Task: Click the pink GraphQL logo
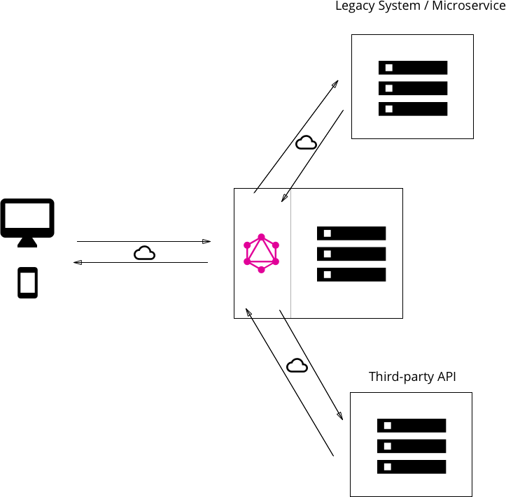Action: tap(261, 253)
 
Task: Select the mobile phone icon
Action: tap(27, 283)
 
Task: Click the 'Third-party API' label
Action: tap(412, 377)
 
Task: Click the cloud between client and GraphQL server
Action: tap(144, 253)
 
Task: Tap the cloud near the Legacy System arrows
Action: tap(306, 143)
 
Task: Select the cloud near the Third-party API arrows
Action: tap(297, 366)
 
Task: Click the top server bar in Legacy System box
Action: tap(413, 68)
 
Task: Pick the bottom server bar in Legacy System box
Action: tap(413, 109)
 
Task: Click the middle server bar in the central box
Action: tap(351, 254)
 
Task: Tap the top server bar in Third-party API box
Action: tap(412, 425)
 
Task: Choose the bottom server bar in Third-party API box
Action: tap(412, 466)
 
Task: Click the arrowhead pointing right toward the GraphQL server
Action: tap(206, 241)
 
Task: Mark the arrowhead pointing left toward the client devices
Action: tap(78, 262)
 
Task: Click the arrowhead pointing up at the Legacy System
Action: tap(335, 83)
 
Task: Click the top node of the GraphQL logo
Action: tap(261, 236)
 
